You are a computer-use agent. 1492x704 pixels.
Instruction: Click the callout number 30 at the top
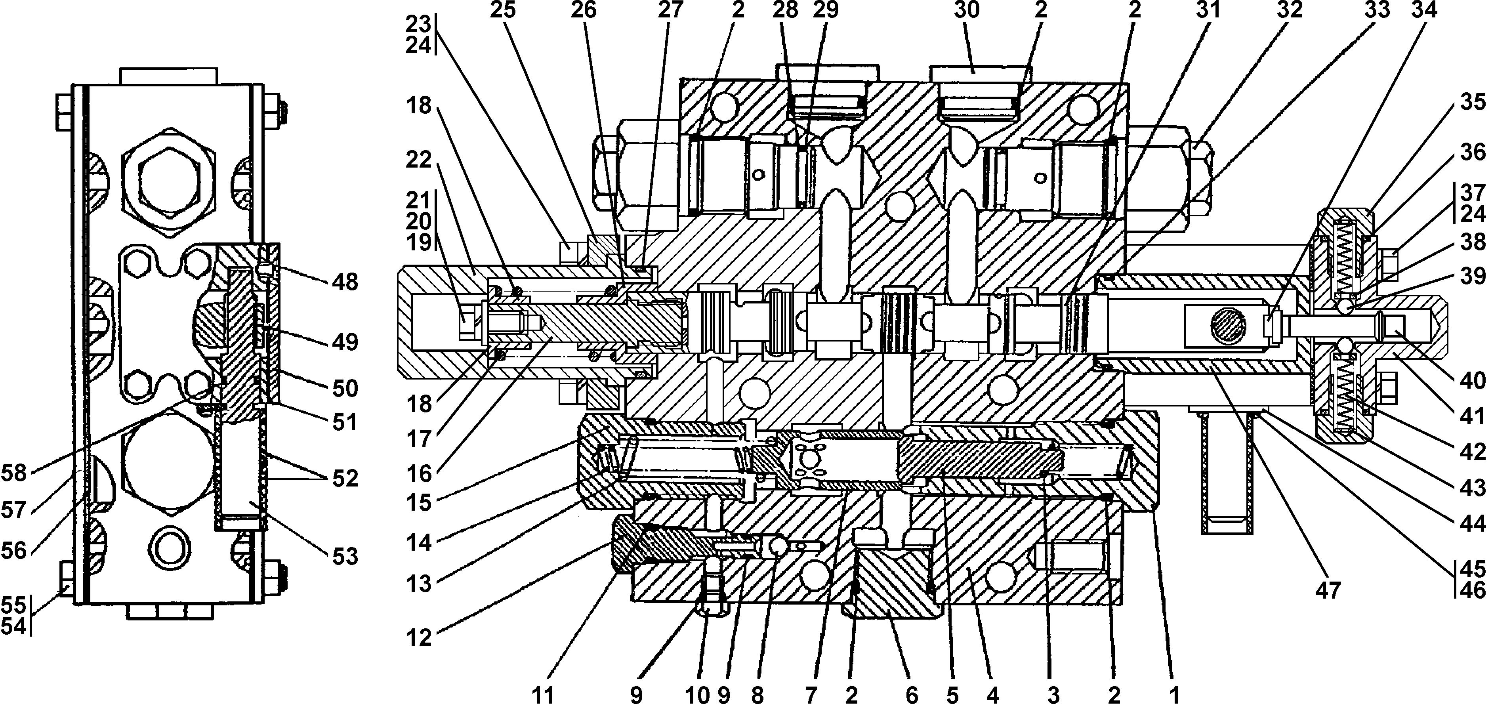pos(966,10)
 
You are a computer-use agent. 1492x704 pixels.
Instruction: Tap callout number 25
pos(503,10)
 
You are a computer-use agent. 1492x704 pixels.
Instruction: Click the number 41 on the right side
pos(1472,416)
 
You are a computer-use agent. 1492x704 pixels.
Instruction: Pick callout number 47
pos(1328,590)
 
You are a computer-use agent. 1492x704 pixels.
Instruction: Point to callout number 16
pos(419,474)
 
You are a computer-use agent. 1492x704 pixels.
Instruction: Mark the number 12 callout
pos(419,637)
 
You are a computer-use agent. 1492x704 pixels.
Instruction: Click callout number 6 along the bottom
pos(912,694)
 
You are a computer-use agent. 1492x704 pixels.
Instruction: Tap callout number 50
pos(345,388)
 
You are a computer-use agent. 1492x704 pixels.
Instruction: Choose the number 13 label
pos(419,584)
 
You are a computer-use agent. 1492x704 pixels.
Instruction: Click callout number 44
pos(1472,523)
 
